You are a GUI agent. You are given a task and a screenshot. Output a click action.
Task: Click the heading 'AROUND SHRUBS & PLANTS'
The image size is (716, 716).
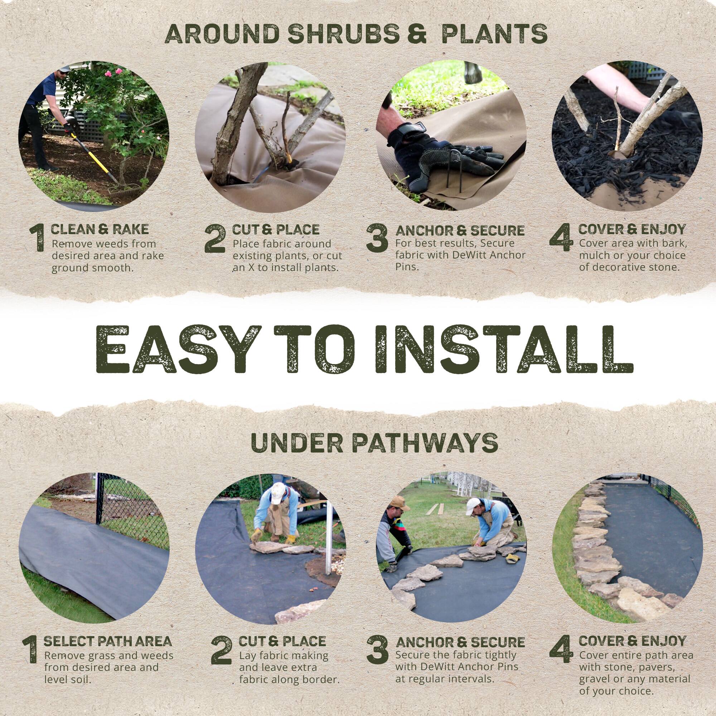point(356,34)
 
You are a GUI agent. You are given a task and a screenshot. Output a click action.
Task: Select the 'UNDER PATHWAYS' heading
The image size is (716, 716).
point(374,442)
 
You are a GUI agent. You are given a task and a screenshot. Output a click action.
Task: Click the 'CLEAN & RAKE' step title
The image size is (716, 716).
point(99,229)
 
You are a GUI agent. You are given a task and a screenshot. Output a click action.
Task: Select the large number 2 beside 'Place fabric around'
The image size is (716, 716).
point(214,238)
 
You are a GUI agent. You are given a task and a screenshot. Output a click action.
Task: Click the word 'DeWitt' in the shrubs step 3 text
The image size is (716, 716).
point(467,255)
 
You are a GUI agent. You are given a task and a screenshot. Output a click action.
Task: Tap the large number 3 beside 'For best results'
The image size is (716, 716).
point(377,238)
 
